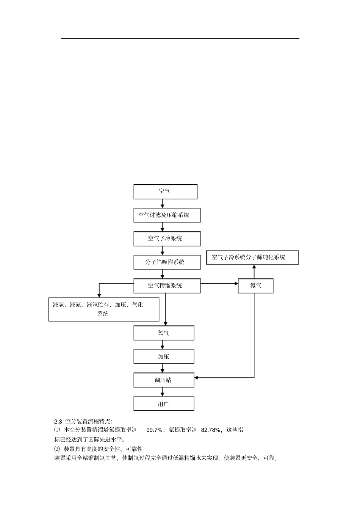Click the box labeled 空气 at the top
click(165, 191)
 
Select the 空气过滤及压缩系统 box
click(167, 215)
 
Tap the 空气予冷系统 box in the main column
click(167, 239)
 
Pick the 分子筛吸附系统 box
click(167, 262)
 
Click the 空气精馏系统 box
click(167, 286)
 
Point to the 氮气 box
click(255, 286)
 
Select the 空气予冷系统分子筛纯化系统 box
click(252, 257)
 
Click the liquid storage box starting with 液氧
click(103, 309)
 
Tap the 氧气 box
click(164, 333)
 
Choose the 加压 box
click(164, 356)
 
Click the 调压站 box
click(164, 380)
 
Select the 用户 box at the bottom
click(164, 404)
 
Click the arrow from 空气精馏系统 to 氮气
click(219, 283)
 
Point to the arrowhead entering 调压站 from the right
click(197, 378)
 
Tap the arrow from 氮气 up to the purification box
click(254, 272)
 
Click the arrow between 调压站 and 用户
click(163, 392)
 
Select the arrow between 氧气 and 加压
click(163, 345)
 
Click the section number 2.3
click(58, 421)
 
